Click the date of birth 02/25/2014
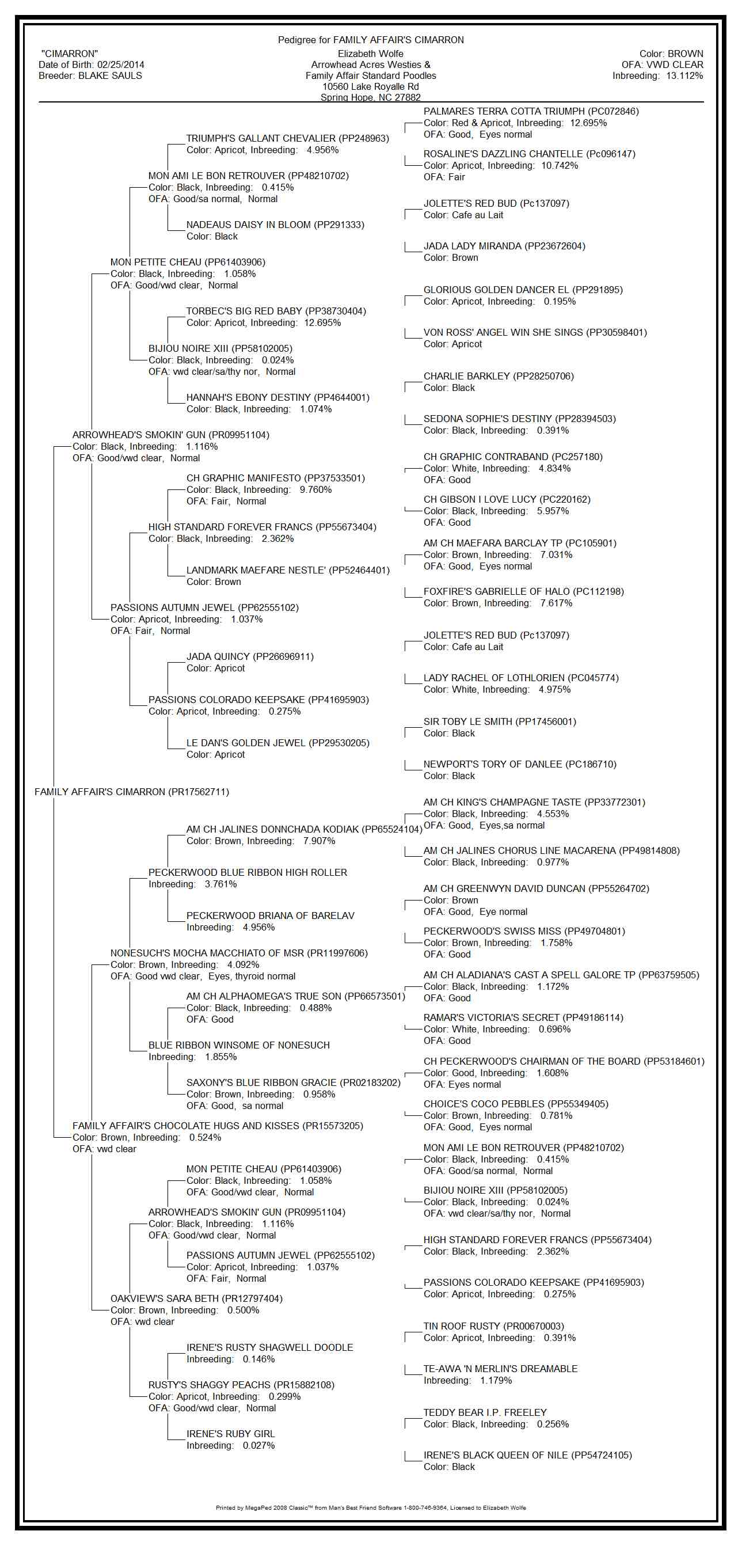[x=120, y=65]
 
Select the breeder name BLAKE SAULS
[x=111, y=75]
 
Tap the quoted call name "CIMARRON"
[x=70, y=54]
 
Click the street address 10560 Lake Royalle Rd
[x=370, y=86]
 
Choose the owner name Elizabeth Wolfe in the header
[x=370, y=54]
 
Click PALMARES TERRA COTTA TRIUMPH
[x=504, y=112]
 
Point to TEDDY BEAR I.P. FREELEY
[x=485, y=1413]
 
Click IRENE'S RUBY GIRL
[x=230, y=1434]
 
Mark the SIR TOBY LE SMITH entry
[x=469, y=722]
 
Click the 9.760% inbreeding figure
[x=315, y=490]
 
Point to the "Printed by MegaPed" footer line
[x=370, y=1507]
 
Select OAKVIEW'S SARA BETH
[x=166, y=1299]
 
